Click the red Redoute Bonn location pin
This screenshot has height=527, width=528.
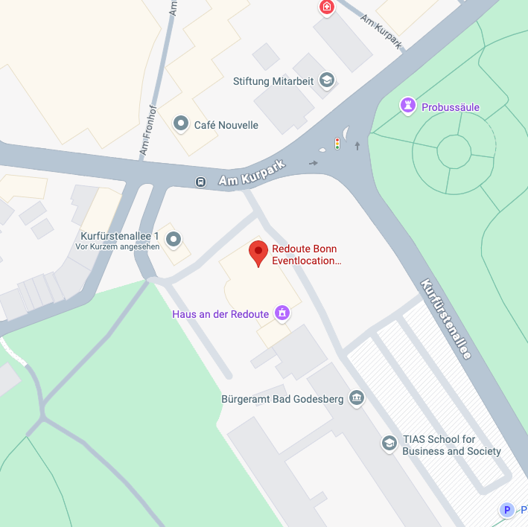(x=258, y=252)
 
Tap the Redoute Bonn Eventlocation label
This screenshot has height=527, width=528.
(x=306, y=255)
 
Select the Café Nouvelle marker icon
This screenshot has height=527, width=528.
(x=180, y=124)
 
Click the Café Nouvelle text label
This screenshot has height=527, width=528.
(x=226, y=125)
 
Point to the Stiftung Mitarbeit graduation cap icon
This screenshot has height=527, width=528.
(x=326, y=80)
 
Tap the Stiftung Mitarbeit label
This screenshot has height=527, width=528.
(x=273, y=81)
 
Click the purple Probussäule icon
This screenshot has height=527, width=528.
(x=407, y=106)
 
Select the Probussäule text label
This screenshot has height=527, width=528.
(x=451, y=107)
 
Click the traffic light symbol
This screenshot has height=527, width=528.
(x=337, y=144)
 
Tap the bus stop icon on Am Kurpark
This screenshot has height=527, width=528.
(x=200, y=182)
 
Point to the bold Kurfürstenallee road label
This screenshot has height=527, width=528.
(x=446, y=319)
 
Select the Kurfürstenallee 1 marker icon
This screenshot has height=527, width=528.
(x=174, y=239)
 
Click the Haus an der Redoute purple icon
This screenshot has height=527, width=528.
(x=282, y=313)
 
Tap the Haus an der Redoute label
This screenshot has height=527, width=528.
(x=220, y=314)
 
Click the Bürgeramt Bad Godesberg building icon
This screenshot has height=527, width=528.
(x=357, y=398)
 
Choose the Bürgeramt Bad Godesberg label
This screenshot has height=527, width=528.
(x=282, y=399)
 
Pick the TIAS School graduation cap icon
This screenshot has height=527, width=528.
(x=388, y=444)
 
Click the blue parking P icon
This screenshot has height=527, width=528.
(x=508, y=510)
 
